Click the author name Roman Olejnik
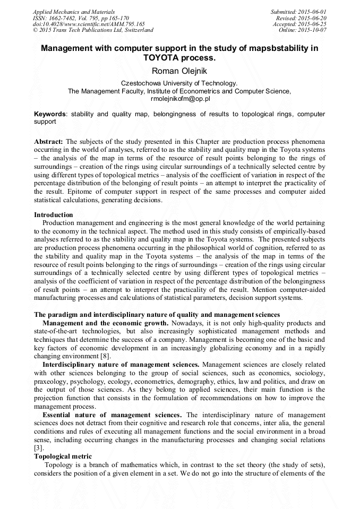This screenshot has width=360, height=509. point(179,71)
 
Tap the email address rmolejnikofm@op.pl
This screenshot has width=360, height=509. point(179,99)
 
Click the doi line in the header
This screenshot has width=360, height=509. point(89,24)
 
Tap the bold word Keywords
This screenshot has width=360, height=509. point(50,114)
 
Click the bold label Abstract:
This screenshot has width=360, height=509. point(49,142)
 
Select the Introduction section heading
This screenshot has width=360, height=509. point(54,215)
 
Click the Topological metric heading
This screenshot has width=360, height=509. point(63,456)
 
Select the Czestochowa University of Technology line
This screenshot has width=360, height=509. point(179,83)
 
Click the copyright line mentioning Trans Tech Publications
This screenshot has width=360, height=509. point(93,30)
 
